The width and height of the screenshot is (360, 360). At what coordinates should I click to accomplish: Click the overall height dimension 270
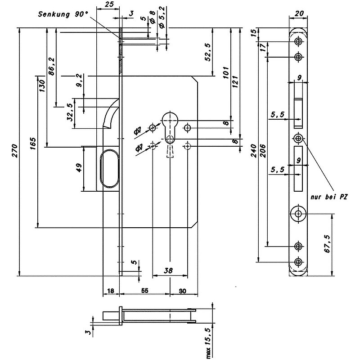pos(15,151)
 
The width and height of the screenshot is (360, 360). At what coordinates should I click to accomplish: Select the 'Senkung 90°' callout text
pos(63,14)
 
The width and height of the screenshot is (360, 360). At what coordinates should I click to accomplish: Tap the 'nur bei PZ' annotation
pos(329,197)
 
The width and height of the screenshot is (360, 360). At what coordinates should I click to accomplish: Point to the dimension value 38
pos(168,271)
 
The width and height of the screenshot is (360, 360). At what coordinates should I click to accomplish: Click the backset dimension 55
pos(144,291)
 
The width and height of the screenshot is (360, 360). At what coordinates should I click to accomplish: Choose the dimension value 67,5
pos(327,244)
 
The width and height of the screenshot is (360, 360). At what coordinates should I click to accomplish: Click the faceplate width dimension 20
pos(298,14)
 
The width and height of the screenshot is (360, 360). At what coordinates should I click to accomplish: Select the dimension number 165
pos(33,144)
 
